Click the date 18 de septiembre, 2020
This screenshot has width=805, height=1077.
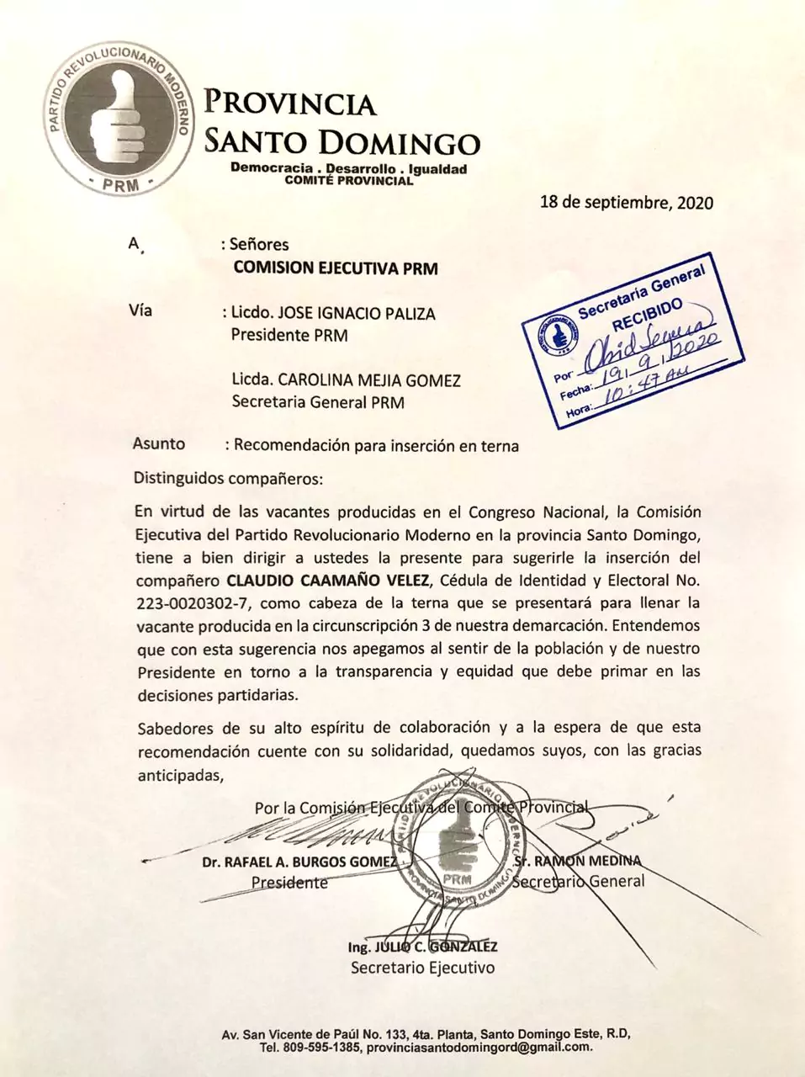coord(626,203)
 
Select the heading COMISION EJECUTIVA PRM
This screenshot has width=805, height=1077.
coord(335,268)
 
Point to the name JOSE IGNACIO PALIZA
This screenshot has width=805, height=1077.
coord(363,314)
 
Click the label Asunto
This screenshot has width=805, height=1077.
coord(158,444)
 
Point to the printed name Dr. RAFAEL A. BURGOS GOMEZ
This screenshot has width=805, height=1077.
coord(299,862)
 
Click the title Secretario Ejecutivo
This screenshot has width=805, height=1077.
coord(422,967)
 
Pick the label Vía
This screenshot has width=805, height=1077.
coord(140,310)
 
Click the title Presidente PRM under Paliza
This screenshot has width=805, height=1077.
coord(289,336)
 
